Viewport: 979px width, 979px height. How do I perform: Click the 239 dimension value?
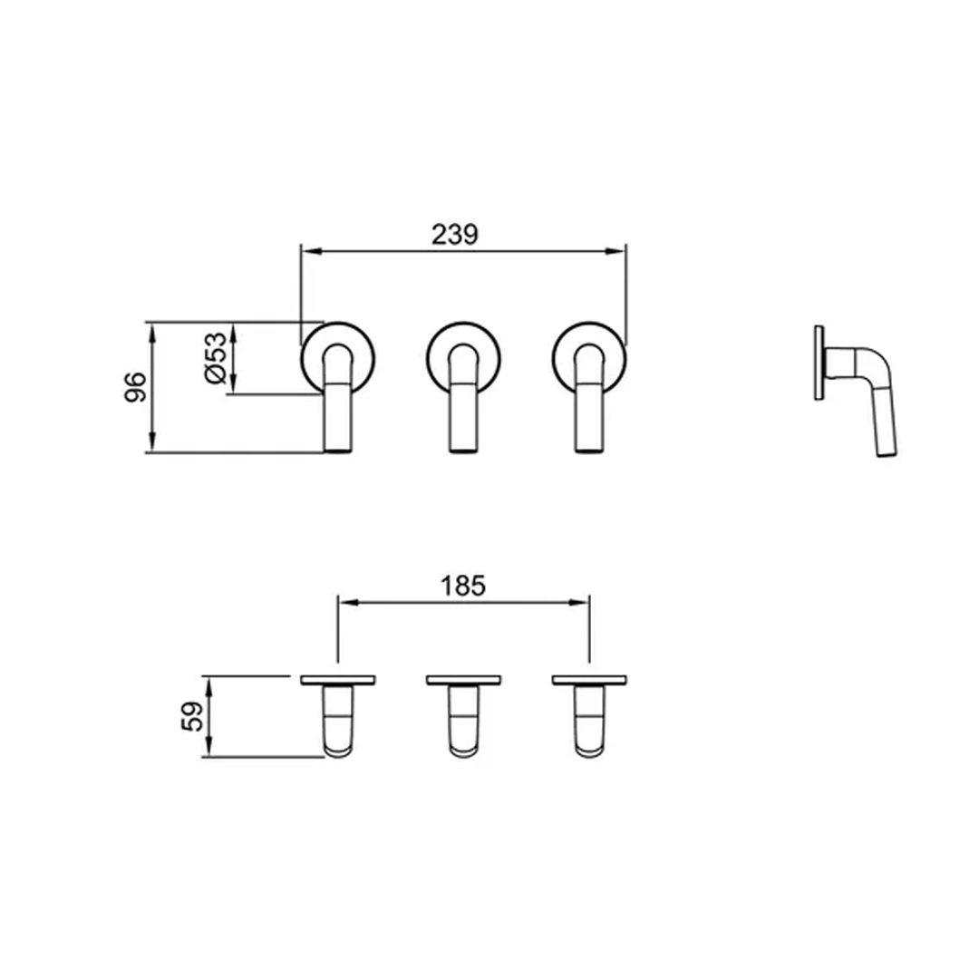pyautogui.click(x=454, y=234)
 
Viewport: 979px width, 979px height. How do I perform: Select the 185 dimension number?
pyautogui.click(x=462, y=586)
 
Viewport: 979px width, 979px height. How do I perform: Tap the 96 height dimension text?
pyautogui.click(x=135, y=387)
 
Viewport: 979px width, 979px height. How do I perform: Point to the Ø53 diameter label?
pyautogui.click(x=216, y=358)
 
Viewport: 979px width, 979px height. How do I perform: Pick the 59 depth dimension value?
pyautogui.click(x=192, y=717)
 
